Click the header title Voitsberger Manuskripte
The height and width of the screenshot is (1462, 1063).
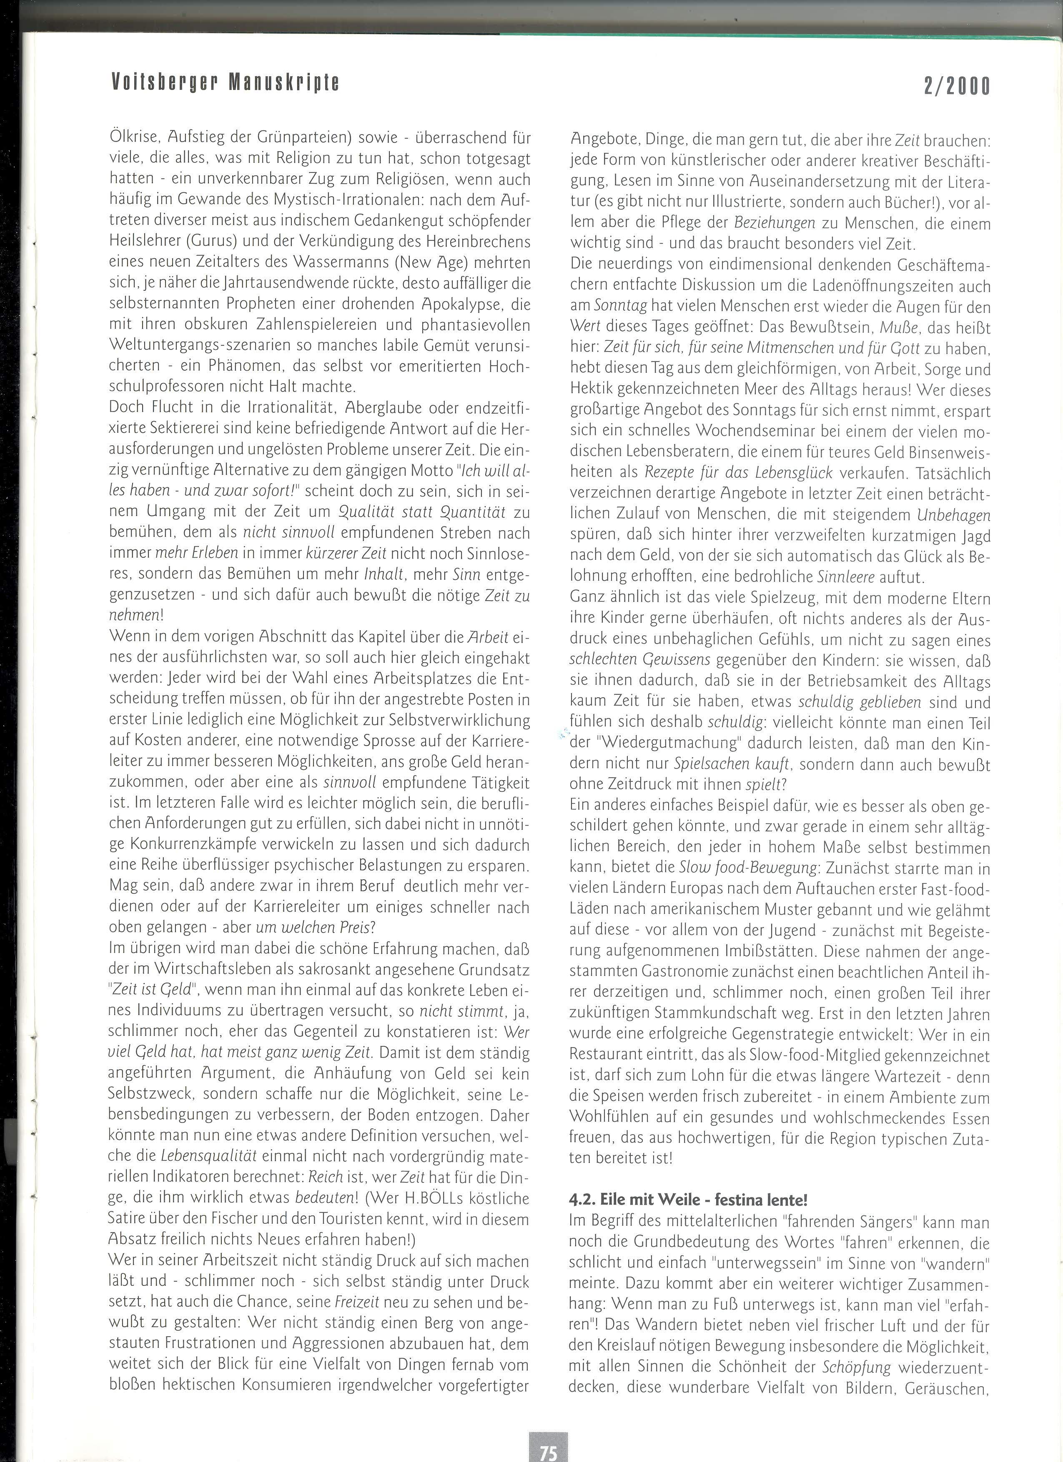[x=225, y=82]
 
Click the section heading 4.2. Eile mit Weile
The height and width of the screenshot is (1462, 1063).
[x=688, y=1200]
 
